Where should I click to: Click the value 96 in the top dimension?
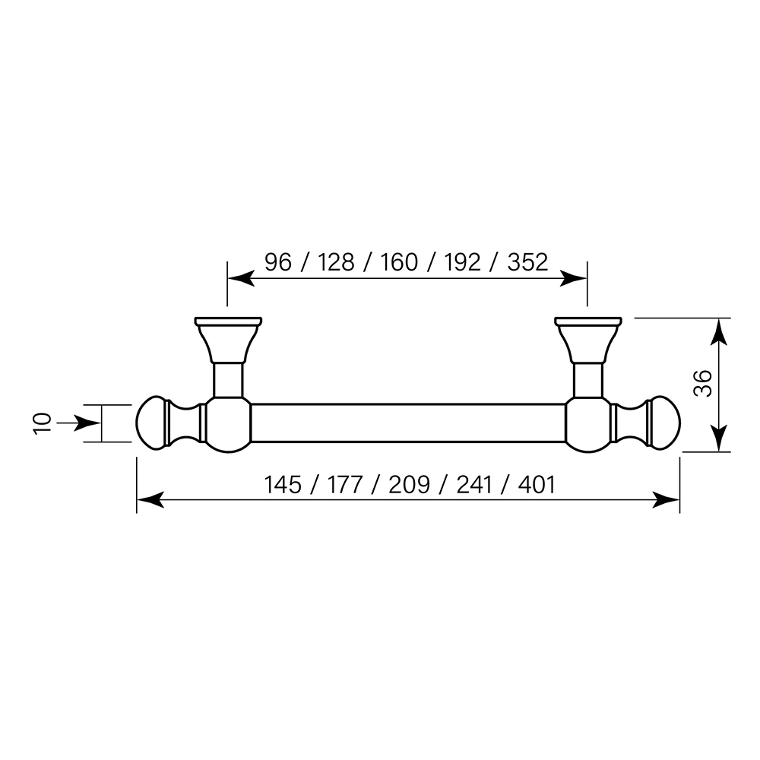277,262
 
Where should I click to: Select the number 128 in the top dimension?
336,262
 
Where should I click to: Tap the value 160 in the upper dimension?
399,262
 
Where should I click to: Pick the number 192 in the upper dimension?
462,262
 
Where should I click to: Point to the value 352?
527,262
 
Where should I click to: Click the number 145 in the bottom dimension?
283,484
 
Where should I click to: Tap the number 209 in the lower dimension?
409,484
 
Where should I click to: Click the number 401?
536,484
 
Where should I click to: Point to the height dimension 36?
703,384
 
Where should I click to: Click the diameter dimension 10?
43,423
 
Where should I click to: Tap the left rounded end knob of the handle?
152,423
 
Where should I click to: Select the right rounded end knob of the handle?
664,423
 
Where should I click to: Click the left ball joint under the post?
228,423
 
